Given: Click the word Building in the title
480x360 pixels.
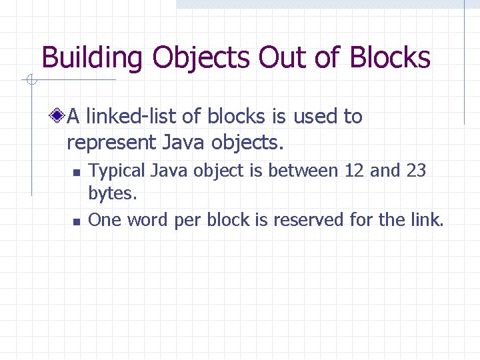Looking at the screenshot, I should click(x=92, y=58).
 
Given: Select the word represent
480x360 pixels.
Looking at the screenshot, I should click(x=111, y=143).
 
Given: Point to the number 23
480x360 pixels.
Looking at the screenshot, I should click(x=415, y=171).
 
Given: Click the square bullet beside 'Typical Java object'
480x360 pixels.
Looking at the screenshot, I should click(x=77, y=173).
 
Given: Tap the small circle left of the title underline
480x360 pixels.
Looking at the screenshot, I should click(x=31, y=81).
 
